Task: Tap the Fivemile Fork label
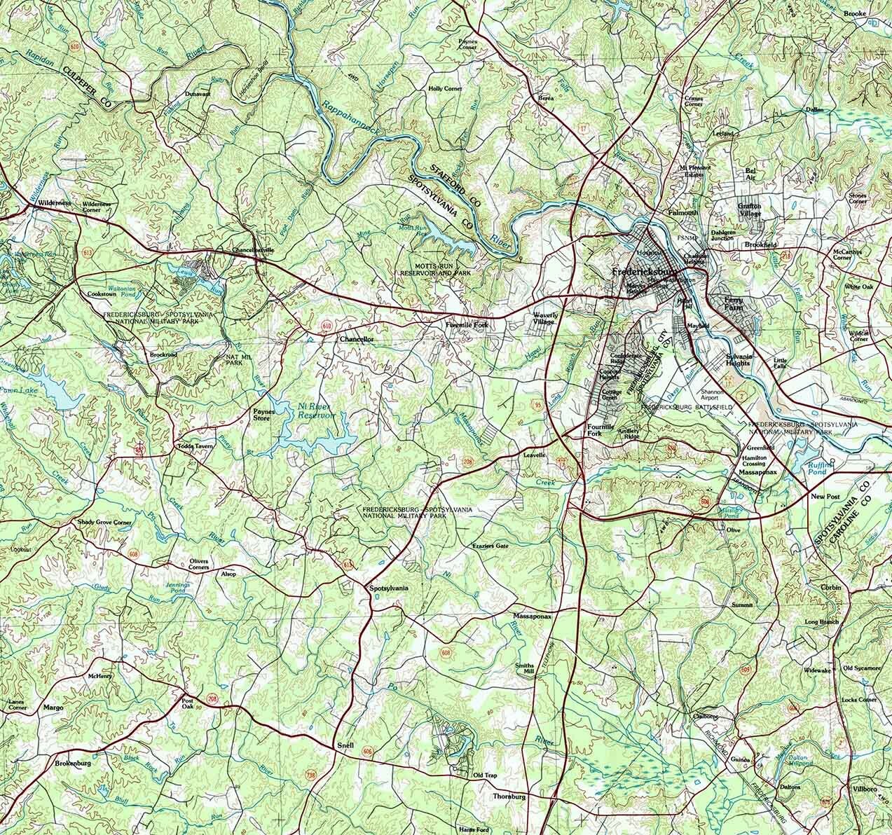point(467,326)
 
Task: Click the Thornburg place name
point(509,797)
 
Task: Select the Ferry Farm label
point(734,303)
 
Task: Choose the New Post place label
point(825,497)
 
